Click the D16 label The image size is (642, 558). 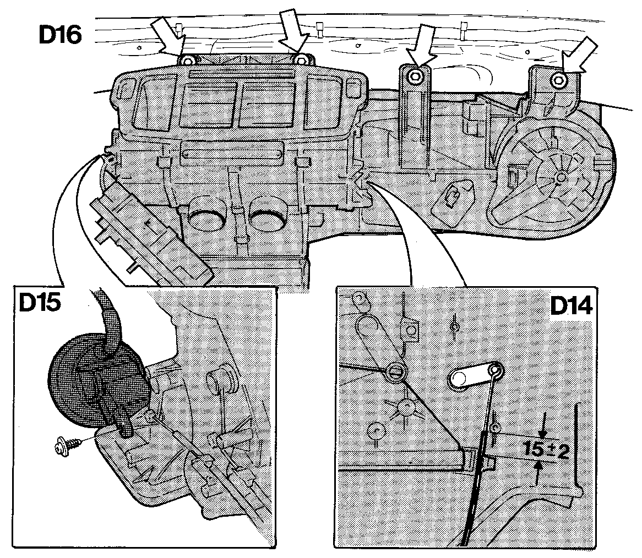point(60,35)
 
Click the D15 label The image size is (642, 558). point(40,302)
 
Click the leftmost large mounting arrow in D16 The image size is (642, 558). point(168,35)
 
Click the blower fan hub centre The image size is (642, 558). point(561,177)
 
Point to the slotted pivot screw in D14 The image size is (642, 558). point(395,371)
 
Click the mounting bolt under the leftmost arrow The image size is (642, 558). point(187,62)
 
